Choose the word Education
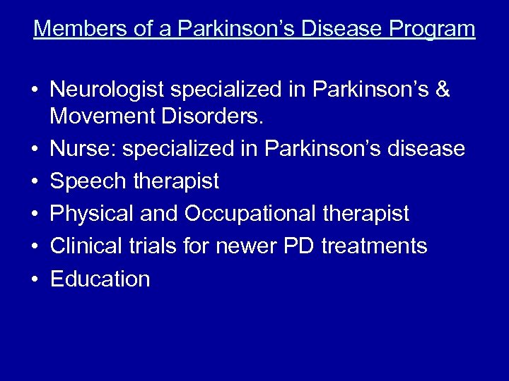pyautogui.click(x=100, y=279)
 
